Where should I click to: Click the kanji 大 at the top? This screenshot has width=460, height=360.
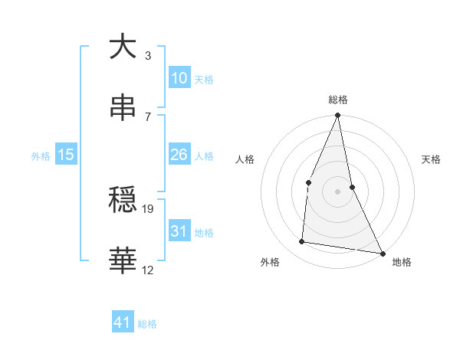tap(123, 47)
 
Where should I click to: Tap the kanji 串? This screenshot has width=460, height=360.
tap(123, 108)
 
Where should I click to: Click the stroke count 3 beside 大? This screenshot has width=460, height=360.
tap(147, 55)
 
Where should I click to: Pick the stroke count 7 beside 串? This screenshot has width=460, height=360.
tap(147, 116)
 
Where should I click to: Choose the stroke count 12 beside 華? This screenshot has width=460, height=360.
tap(149, 270)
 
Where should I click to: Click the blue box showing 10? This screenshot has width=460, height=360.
tap(179, 77)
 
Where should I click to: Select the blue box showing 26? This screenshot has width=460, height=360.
tap(179, 155)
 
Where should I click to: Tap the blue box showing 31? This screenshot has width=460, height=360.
tap(179, 231)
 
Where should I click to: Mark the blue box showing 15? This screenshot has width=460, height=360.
tap(66, 155)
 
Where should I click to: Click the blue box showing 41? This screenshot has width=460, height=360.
tap(123, 322)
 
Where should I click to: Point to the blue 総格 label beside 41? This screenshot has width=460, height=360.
tap(147, 324)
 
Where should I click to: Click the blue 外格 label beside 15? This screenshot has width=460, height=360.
tap(41, 156)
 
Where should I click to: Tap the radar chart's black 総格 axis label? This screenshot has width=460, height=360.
tap(337, 100)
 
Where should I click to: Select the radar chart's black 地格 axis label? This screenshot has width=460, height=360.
tap(402, 263)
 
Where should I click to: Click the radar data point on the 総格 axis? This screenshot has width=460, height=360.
tap(337, 116)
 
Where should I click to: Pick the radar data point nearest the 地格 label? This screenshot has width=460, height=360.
tap(382, 253)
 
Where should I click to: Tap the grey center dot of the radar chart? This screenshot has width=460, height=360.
tap(337, 191)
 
